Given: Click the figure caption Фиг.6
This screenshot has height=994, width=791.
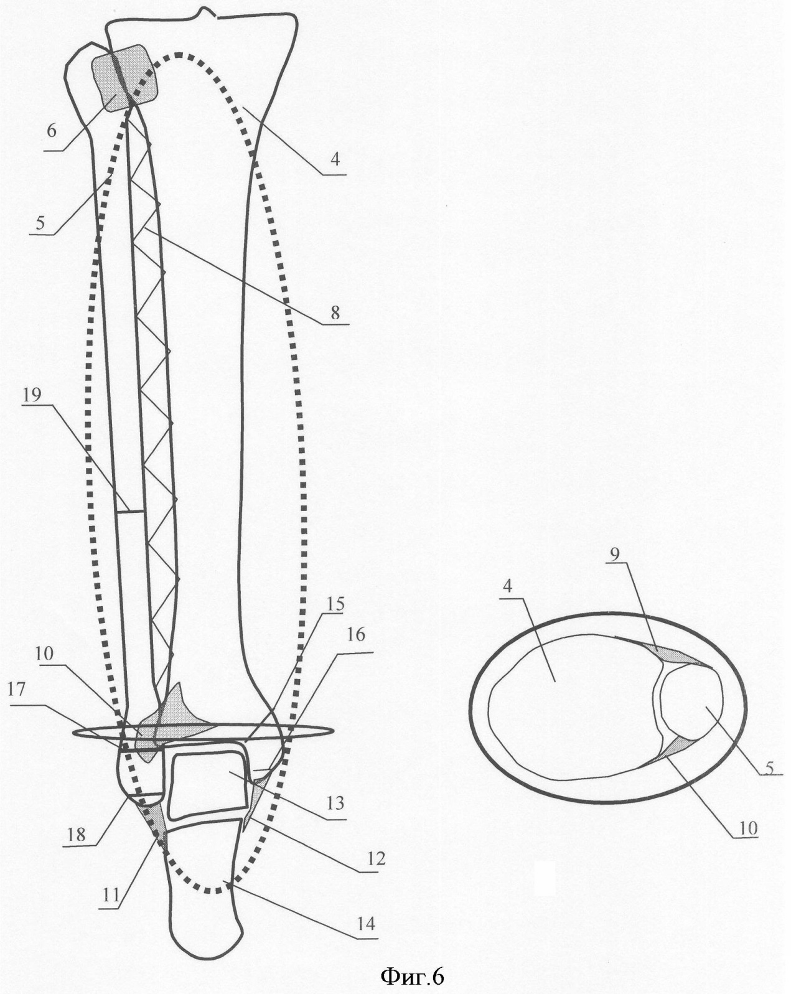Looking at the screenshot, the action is [412, 975].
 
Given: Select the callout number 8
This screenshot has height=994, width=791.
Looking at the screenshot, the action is [335, 312].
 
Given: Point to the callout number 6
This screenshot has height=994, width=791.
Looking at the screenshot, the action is [52, 131].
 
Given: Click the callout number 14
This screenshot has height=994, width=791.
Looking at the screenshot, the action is [367, 924].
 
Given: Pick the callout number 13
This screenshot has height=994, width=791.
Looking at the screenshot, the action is [335, 804].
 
